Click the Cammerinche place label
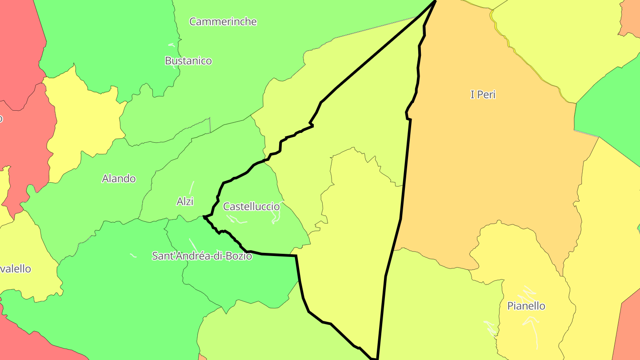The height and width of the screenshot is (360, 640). pyautogui.click(x=223, y=21)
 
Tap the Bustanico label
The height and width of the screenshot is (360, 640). pyautogui.click(x=188, y=61)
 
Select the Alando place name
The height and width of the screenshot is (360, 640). pyautogui.click(x=119, y=179)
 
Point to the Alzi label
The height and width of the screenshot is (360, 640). pyautogui.click(x=185, y=201)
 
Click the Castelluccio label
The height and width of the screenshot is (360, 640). pyautogui.click(x=252, y=207)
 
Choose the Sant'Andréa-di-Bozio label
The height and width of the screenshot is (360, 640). pyautogui.click(x=202, y=256)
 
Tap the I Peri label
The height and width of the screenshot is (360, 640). pyautogui.click(x=483, y=95)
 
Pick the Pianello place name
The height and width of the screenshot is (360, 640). pyautogui.click(x=526, y=306)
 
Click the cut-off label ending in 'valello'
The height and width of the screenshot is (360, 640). pyautogui.click(x=16, y=269)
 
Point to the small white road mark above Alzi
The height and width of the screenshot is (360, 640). pyautogui.click(x=192, y=187)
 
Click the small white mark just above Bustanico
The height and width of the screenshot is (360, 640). pyautogui.click(x=172, y=45)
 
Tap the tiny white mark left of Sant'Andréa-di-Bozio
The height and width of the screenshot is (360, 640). pyautogui.click(x=133, y=255)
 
